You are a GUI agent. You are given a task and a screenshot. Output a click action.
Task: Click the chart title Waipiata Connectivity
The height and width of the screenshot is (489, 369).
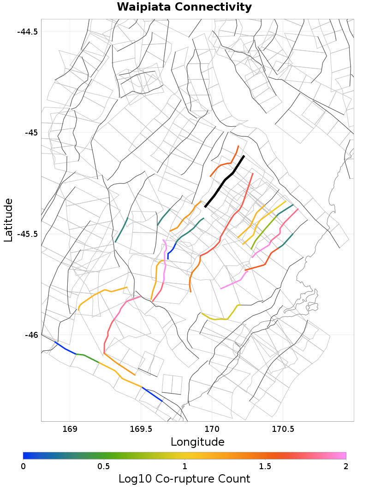coord(184,7)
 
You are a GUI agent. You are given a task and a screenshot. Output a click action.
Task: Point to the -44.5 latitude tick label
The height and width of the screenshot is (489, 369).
coord(27,32)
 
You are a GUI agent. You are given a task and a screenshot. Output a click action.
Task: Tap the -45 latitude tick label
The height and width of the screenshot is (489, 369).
coord(31,133)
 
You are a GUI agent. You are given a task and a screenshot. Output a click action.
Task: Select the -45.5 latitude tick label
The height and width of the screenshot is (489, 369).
coord(27,234)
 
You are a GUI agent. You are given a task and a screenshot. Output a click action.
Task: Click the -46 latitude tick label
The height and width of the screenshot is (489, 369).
coord(31,335)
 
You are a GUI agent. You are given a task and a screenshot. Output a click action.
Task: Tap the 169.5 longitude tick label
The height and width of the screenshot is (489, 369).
coord(141,429)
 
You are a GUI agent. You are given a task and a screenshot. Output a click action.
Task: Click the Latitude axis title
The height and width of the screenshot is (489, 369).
coord(8,220)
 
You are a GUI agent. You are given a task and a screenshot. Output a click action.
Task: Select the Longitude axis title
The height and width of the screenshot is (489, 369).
coord(197,442)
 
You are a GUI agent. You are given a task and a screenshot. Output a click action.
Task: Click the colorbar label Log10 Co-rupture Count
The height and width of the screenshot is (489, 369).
coord(184,479)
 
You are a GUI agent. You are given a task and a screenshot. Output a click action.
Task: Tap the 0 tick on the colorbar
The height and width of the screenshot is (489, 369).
coord(23,466)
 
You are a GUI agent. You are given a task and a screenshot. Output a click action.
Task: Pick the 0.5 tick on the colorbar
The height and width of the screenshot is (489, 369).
coord(104,466)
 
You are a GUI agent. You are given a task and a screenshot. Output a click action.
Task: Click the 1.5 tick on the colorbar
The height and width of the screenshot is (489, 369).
coord(265,466)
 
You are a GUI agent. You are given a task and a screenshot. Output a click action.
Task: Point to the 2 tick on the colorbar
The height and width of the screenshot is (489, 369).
coord(346,466)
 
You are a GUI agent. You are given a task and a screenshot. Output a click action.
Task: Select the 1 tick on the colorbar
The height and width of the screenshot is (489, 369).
coord(184,466)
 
